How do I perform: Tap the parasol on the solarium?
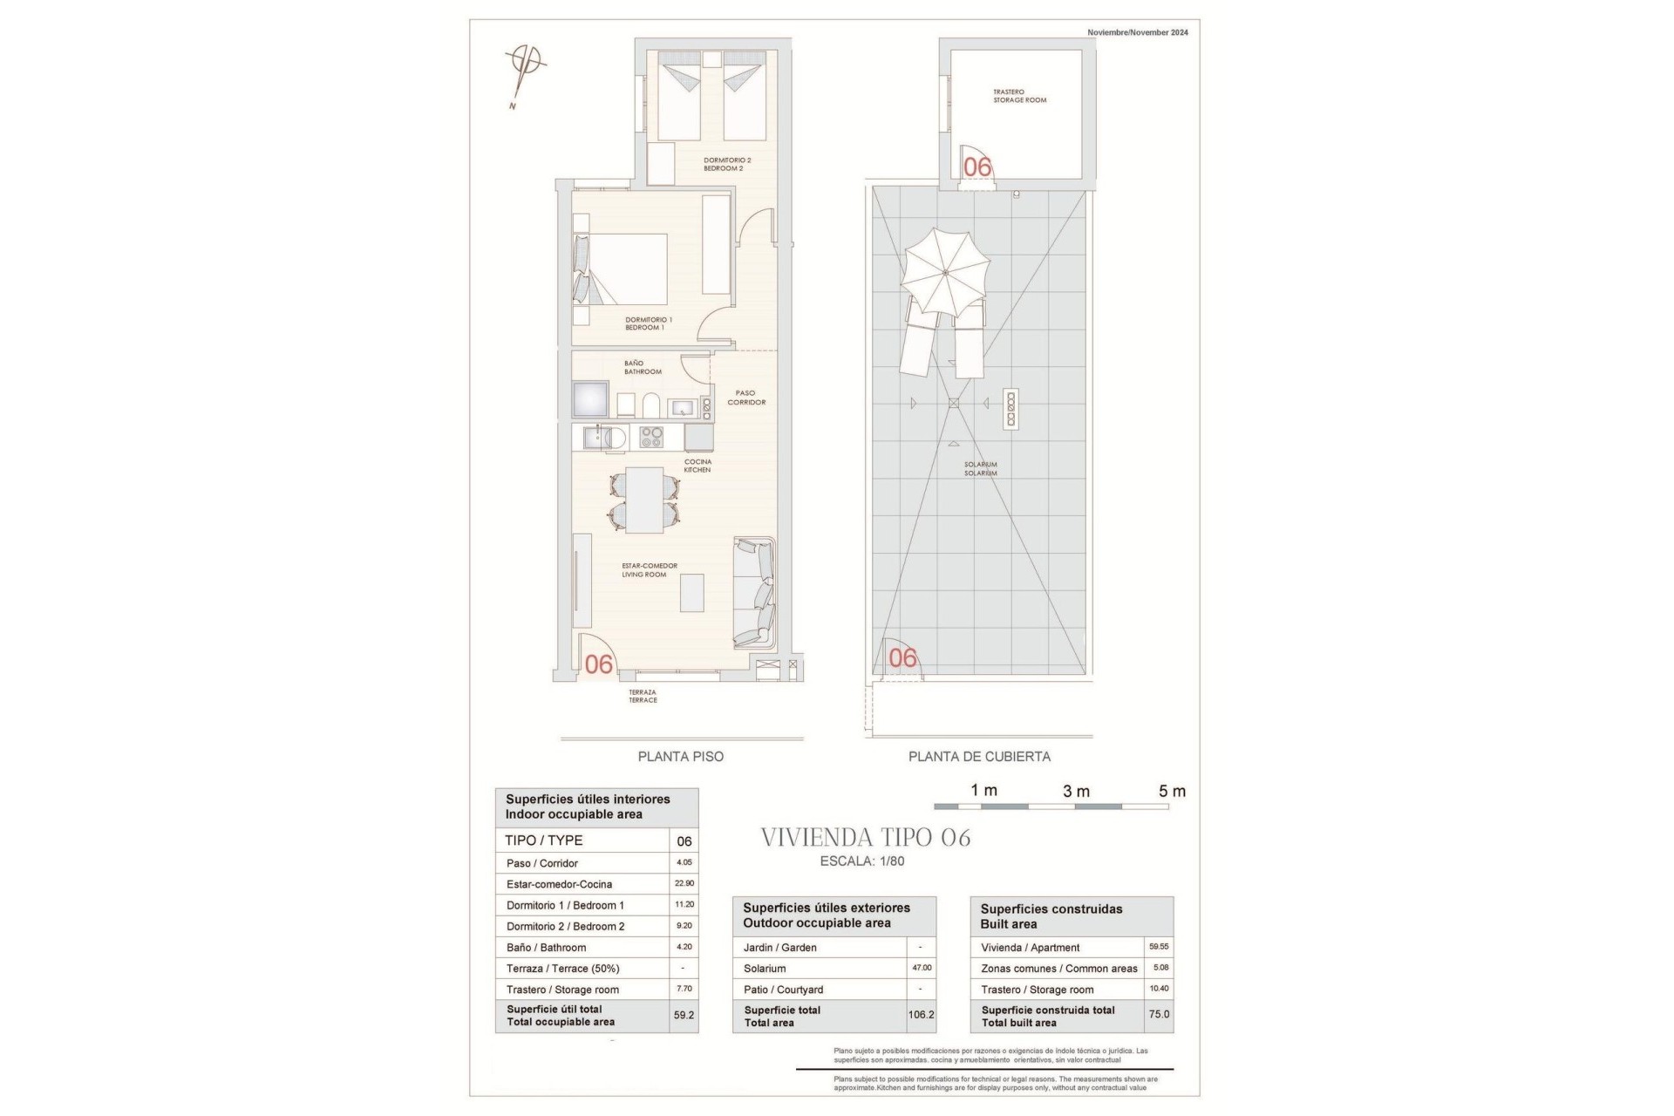tap(946, 273)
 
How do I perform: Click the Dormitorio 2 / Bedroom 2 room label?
tap(727, 164)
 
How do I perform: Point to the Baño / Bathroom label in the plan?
tap(643, 367)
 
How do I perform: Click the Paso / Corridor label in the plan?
tap(745, 398)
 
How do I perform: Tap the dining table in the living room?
tap(644, 500)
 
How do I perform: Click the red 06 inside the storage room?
tap(977, 167)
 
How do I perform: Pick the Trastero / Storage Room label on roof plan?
tap(1019, 96)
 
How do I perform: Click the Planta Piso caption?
tap(680, 757)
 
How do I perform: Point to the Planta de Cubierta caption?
tap(979, 757)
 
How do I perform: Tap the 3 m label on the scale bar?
tap(1076, 792)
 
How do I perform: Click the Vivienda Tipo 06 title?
tap(866, 838)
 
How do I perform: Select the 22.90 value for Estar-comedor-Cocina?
tap(684, 883)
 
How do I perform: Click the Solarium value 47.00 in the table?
tap(921, 968)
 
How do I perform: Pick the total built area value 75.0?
tap(1159, 1015)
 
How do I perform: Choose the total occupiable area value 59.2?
tap(684, 1015)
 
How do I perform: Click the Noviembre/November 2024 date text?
tap(1137, 32)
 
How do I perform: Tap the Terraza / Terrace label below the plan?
tap(643, 696)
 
